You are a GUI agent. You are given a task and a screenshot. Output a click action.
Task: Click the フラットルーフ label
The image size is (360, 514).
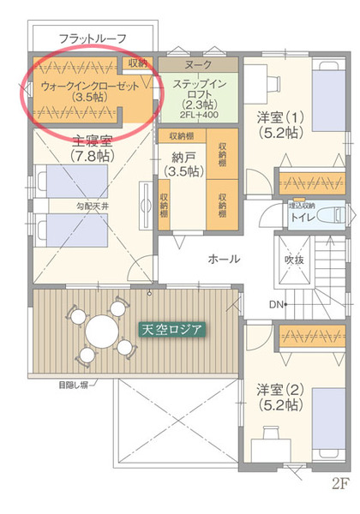(x=93, y=39)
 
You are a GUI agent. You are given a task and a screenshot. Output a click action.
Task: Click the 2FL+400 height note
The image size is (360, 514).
(x=198, y=115)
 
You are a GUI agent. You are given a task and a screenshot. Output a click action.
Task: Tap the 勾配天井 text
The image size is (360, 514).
(x=91, y=206)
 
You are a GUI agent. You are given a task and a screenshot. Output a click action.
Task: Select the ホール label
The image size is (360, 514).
(x=224, y=259)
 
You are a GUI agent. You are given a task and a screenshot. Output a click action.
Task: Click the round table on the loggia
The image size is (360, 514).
(x=100, y=328)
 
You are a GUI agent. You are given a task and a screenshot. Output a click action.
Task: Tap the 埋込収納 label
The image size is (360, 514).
(x=302, y=206)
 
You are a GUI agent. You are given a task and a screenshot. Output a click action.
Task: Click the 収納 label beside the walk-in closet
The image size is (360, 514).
(x=137, y=63)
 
